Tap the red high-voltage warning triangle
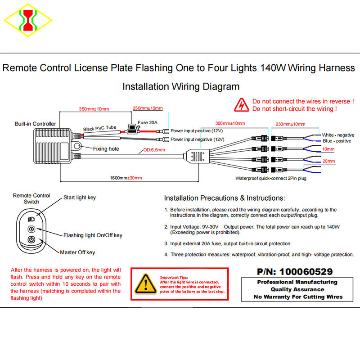(x=242, y=105)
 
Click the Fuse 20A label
(x=149, y=122)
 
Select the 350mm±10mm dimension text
(x=94, y=109)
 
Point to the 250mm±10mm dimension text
(x=148, y=108)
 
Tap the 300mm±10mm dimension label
(x=230, y=123)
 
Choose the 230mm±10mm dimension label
(x=290, y=124)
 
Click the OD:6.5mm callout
(x=154, y=150)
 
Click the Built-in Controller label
(x=35, y=124)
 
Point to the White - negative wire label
(x=338, y=135)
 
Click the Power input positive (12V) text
(x=197, y=130)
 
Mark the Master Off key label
(x=77, y=252)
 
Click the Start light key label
(x=79, y=198)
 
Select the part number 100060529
(x=306, y=271)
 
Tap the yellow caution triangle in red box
(x=144, y=284)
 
